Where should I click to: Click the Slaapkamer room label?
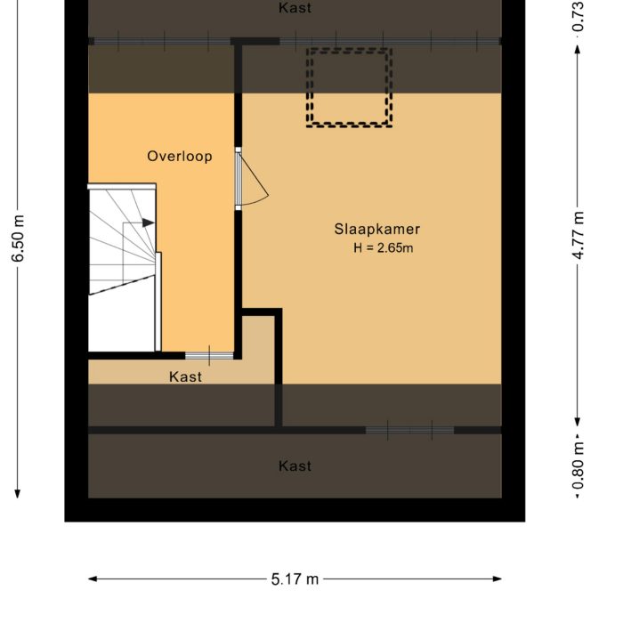point(376,229)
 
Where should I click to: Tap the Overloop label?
point(180,157)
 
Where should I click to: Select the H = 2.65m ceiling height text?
point(383,248)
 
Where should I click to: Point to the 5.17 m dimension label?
point(295,579)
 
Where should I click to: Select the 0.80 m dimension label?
point(578,465)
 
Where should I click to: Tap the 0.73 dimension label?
point(578,16)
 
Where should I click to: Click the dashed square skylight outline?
point(349,87)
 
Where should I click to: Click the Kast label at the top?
point(295,8)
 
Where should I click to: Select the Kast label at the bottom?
point(295,465)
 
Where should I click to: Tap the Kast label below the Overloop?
point(185,376)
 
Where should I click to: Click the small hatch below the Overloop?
point(209,356)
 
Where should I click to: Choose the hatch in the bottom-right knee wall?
point(409,430)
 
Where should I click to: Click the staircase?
point(123,267)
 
